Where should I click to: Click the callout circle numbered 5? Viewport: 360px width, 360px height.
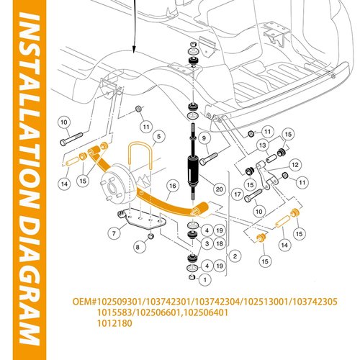point(158,137)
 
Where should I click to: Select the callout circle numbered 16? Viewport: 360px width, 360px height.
point(173,186)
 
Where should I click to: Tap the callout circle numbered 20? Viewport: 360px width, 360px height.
point(220,189)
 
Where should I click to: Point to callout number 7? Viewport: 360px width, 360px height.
point(114,233)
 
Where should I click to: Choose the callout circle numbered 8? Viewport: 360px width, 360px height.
point(138,247)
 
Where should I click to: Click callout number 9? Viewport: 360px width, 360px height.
point(204,138)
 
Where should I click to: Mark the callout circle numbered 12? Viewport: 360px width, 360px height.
point(295,165)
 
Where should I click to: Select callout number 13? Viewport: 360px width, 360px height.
point(263,145)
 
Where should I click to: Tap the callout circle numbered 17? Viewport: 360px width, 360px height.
point(238,194)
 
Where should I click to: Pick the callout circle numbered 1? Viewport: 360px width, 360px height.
point(204,279)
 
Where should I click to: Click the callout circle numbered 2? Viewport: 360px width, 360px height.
point(235,256)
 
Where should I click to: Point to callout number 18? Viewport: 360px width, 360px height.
point(220,243)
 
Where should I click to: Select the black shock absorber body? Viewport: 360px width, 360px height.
point(193,169)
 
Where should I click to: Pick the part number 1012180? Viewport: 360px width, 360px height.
point(114,323)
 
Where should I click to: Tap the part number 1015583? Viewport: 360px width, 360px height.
point(114,312)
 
